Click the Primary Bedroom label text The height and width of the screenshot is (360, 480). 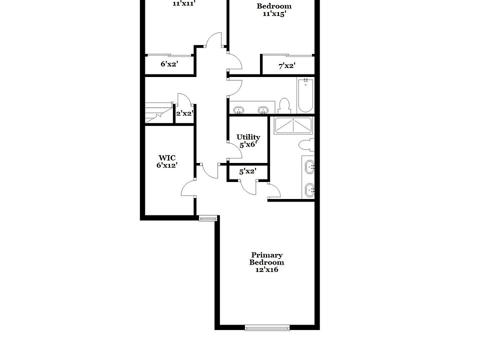[x=266, y=258]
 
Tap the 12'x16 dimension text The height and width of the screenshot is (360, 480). [x=266, y=269]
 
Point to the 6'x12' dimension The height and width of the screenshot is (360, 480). [x=167, y=165]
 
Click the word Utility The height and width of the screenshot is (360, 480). [x=248, y=137]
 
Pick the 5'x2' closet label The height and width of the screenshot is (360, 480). [x=247, y=171]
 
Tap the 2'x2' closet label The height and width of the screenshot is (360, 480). [x=184, y=113]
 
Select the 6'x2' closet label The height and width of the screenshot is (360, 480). [x=169, y=64]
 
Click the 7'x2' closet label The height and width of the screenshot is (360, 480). [x=287, y=65]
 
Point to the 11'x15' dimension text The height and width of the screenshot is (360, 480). [x=274, y=14]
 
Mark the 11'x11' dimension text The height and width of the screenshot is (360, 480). [x=183, y=3]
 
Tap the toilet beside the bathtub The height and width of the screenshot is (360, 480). [x=284, y=105]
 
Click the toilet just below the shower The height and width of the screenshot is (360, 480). [x=305, y=145]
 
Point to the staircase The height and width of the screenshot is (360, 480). [x=158, y=112]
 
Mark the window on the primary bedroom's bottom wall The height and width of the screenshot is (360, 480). [x=267, y=328]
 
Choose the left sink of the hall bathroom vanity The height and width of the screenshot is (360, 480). [x=239, y=109]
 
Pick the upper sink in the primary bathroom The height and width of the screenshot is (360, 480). [x=310, y=167]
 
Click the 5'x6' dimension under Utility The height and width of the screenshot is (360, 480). [x=248, y=144]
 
